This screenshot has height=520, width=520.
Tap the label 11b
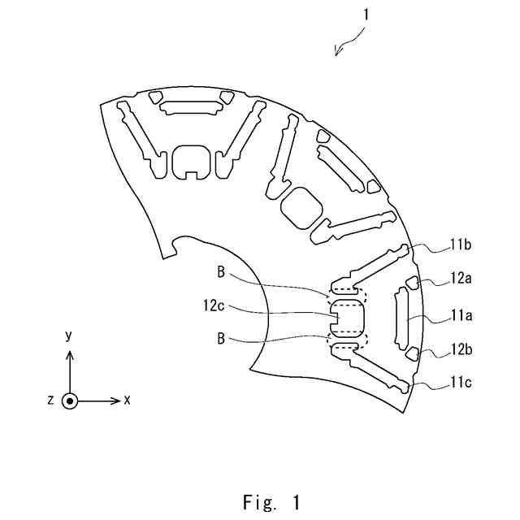click(x=461, y=242)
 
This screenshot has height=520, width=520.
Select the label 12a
click(x=461, y=278)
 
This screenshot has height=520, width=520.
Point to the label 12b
click(x=461, y=352)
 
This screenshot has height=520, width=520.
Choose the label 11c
click(x=461, y=380)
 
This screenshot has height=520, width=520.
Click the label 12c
click(x=214, y=306)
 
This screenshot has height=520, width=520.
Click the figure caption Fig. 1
click(x=271, y=502)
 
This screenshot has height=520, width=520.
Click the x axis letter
click(x=128, y=400)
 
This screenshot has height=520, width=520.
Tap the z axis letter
click(x=50, y=401)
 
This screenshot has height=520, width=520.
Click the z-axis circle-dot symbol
click(x=70, y=401)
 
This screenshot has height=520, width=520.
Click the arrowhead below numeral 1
click(x=337, y=53)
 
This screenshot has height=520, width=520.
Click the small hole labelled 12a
click(x=412, y=283)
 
